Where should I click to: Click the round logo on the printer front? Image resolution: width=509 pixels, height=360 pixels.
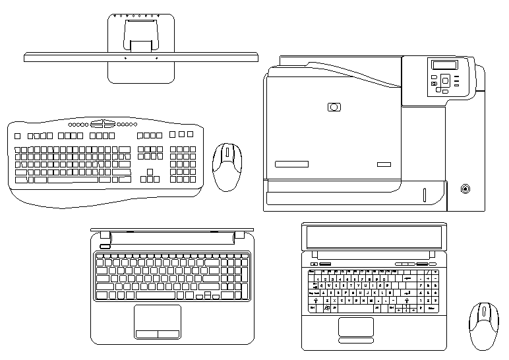334,107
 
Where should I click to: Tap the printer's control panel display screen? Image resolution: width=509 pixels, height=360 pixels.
444,65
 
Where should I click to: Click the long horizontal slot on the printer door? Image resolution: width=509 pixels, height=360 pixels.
291,164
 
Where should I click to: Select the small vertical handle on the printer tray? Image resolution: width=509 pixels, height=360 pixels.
425,195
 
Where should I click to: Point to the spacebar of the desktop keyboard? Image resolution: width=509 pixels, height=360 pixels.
73,179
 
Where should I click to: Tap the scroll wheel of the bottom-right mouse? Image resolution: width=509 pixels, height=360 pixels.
485,311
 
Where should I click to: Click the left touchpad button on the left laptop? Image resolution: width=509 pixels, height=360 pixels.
146,334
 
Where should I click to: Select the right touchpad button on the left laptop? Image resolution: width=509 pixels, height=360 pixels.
169,334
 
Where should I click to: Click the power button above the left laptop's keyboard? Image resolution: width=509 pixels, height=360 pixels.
103,247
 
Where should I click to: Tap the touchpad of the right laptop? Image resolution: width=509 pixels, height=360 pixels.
356,326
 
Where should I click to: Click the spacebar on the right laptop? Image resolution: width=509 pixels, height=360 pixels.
356,308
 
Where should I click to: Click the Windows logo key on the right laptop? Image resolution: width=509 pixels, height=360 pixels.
326,308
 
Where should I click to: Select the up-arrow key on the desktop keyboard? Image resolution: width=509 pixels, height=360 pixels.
150,171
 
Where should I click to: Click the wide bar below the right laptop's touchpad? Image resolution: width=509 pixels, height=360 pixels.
356,341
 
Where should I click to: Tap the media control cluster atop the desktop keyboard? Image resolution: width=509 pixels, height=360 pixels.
103,123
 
